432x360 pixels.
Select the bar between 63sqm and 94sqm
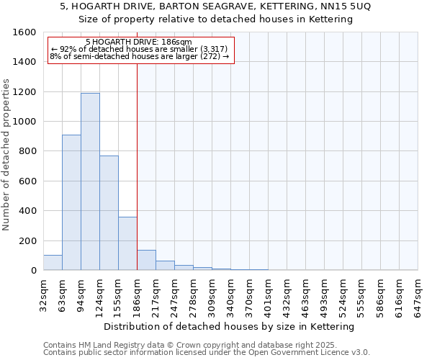(71, 202)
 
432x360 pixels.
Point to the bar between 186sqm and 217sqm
(146, 260)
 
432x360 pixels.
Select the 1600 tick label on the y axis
(24, 32)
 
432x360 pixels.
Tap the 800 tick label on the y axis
(27, 151)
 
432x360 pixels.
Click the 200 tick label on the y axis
(27, 240)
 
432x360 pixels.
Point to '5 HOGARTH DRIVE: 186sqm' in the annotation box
(138, 42)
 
